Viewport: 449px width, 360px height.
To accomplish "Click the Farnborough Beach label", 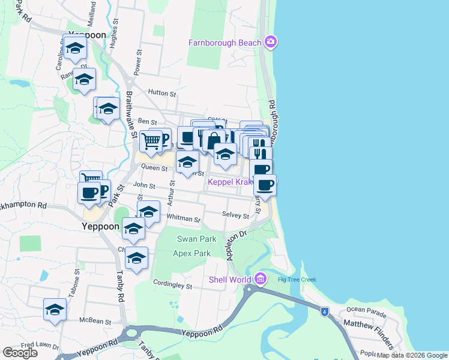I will tap(224, 43).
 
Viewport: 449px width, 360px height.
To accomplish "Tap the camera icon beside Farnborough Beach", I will tap(271, 42).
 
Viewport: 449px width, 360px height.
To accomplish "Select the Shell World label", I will tap(230, 280).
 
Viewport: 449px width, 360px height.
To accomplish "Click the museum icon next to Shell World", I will tap(260, 279).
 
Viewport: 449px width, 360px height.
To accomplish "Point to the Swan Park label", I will tap(192, 239).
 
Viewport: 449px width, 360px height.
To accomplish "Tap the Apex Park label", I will tap(191, 253).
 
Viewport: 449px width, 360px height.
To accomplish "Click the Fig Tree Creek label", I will tap(297, 280).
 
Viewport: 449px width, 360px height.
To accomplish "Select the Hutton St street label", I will tap(163, 94).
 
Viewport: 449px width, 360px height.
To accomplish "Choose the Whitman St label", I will tap(184, 220).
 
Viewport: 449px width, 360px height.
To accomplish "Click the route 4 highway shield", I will tap(324, 311).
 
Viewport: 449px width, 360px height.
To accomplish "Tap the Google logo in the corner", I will tap(20, 353).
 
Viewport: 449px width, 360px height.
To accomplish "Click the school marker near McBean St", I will tap(55, 310).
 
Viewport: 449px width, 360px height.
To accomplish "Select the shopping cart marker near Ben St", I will tap(151, 141).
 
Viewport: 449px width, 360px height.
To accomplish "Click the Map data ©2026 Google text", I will tap(412, 355).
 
